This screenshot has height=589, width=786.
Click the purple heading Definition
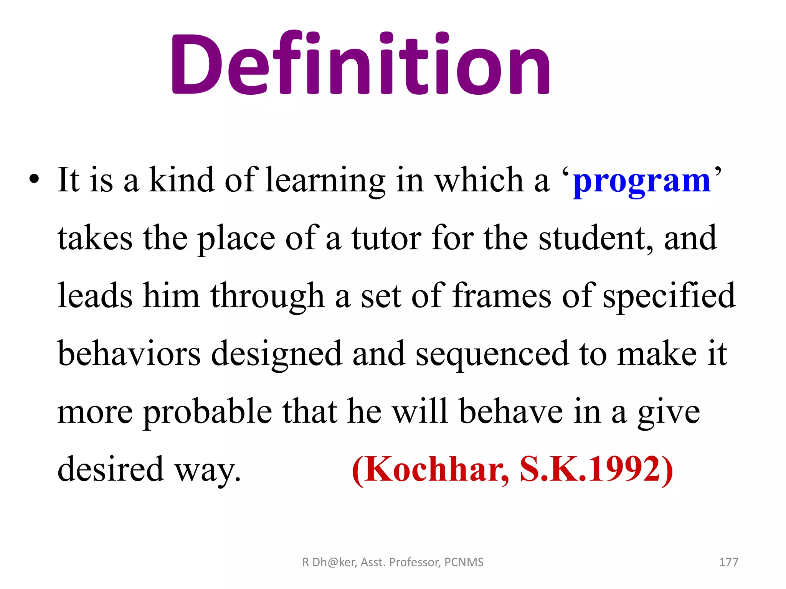pos(361,63)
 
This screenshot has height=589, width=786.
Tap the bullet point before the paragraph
pos(34,179)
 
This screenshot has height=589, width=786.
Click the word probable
pos(208,413)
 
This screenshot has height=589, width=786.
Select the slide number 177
pos(728,562)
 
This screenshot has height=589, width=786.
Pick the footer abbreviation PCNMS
pos(464,562)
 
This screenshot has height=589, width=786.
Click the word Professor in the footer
pos(414,562)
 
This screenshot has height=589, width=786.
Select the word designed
pos(276,355)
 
